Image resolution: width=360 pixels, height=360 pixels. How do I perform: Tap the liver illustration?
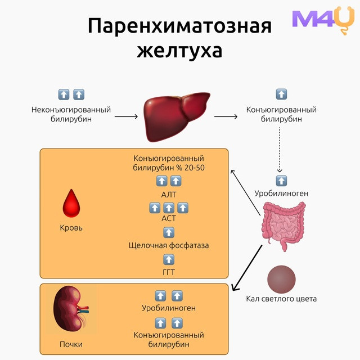tap(177, 116)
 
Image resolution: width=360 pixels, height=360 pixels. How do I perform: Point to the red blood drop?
tap(71, 203)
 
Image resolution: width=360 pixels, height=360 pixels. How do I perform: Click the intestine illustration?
tap(283, 226)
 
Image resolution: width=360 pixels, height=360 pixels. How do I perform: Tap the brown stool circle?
tap(281, 280)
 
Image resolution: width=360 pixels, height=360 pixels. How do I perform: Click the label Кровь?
tap(71, 228)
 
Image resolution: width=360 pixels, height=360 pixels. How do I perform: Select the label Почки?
tap(71, 344)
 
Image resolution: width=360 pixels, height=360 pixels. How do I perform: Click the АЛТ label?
tap(169, 195)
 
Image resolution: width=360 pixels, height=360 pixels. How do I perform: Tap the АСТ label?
tap(169, 218)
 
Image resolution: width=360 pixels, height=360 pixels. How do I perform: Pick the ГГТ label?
tap(169, 272)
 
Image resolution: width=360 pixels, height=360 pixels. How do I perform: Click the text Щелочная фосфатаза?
tap(169, 245)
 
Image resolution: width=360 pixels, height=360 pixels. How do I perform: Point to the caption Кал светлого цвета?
tap(281, 299)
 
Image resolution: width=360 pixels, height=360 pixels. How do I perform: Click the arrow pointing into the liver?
tap(126, 116)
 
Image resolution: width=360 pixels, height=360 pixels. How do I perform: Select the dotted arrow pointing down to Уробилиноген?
tap(280, 150)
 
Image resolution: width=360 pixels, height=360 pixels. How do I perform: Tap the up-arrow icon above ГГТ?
tap(169, 260)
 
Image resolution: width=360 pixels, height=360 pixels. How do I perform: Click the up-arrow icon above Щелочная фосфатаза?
tap(169, 232)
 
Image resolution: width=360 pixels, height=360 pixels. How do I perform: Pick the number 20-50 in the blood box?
tap(195, 168)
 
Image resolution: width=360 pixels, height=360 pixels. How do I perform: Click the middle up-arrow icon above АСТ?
tap(169, 208)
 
